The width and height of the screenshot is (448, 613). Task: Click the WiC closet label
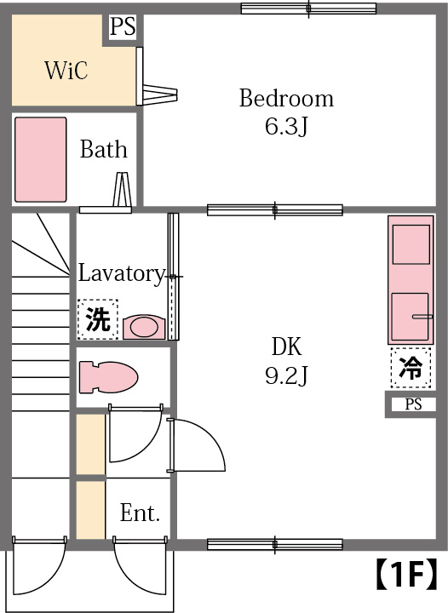tap(66, 70)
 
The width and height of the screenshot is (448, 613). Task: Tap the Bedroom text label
tap(285, 99)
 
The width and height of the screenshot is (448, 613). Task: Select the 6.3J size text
tap(285, 128)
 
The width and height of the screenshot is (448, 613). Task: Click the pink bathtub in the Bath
tap(40, 159)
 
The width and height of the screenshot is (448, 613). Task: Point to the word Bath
tap(103, 151)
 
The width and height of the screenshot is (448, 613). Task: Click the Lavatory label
tap(120, 273)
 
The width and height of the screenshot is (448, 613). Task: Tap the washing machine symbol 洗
tap(98, 320)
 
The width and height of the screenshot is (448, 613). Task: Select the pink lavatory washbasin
tap(143, 327)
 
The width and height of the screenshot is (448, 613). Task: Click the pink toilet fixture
tap(108, 376)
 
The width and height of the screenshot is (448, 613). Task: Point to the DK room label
tap(286, 347)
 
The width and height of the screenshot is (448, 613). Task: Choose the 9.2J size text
tap(286, 375)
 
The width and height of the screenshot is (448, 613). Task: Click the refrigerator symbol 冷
tap(411, 369)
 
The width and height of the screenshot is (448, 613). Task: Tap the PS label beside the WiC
tap(123, 27)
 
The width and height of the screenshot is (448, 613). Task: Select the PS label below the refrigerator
tap(413, 404)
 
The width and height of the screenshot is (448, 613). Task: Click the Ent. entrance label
tap(140, 513)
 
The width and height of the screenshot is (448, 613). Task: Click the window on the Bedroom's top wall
tap(308, 9)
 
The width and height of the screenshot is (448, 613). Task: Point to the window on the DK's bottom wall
tap(274, 544)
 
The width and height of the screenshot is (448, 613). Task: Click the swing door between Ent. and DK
tap(196, 444)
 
